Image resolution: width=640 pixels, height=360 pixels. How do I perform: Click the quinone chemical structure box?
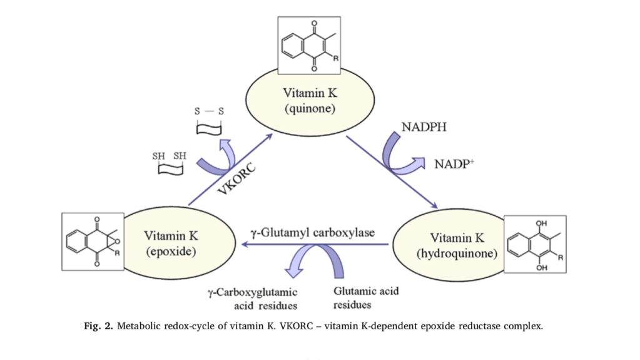pos(309,44)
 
